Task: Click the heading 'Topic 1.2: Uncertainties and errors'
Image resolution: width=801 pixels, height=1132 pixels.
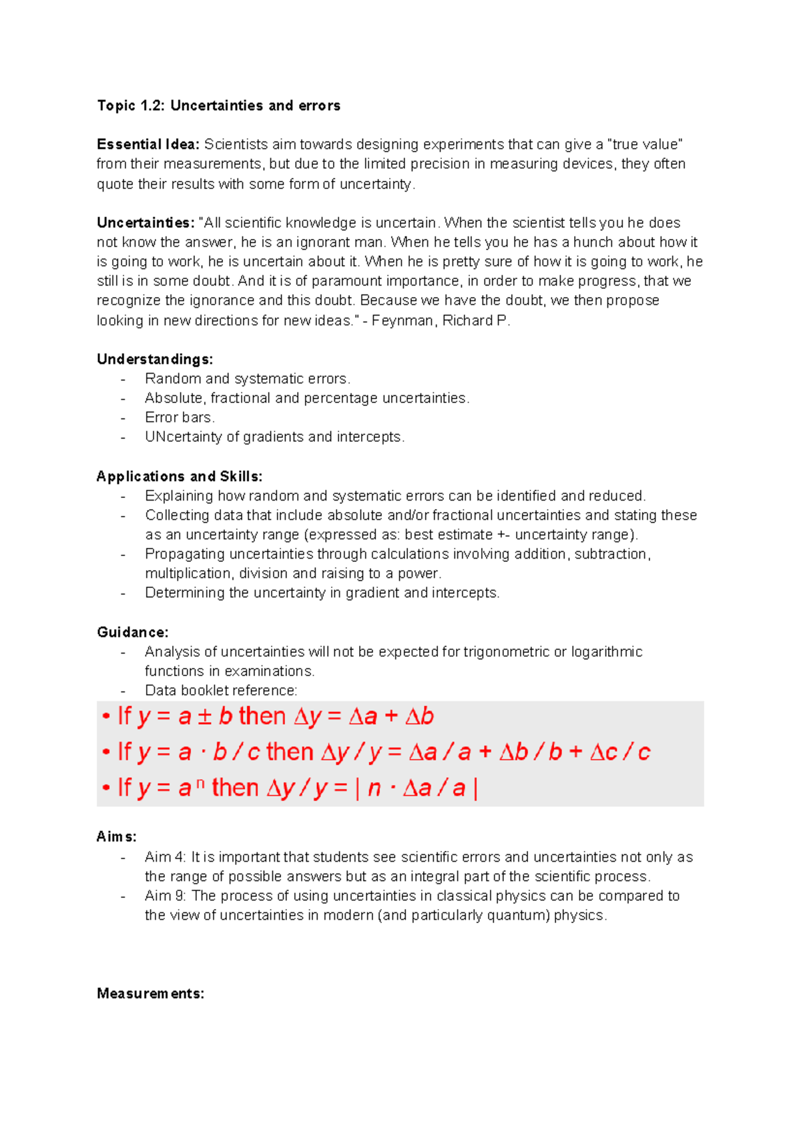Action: point(218,105)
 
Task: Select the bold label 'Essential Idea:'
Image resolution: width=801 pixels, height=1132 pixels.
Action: point(148,144)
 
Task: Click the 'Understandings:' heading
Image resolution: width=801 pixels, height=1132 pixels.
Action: point(155,359)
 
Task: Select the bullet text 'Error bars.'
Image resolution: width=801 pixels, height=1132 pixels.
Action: point(180,417)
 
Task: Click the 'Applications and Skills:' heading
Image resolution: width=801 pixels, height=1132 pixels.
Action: point(179,476)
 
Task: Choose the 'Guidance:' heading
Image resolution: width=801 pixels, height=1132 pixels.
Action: point(132,632)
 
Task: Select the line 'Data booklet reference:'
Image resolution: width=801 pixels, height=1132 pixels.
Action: point(221,690)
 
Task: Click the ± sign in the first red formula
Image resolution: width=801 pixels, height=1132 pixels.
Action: point(205,716)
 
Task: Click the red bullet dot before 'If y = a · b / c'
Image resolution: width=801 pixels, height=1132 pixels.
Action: point(106,753)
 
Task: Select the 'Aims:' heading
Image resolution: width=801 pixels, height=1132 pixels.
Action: point(116,836)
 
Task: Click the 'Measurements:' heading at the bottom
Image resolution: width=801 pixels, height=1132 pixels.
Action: point(150,993)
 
